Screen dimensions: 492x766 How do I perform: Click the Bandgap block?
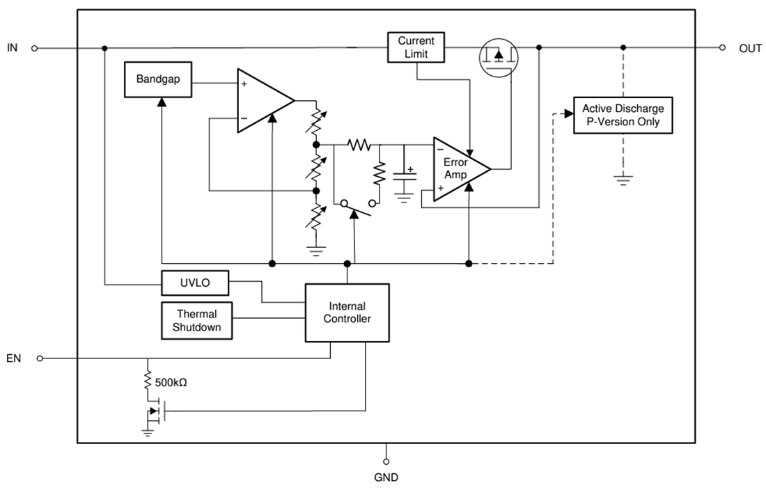[x=158, y=79]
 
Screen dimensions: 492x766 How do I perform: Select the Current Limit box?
[x=416, y=47]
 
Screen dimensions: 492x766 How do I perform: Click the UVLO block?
[x=196, y=283]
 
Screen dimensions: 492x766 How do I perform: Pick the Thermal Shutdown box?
[x=196, y=321]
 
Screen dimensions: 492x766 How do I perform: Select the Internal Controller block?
[x=347, y=312]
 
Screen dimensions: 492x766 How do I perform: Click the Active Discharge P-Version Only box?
[x=623, y=116]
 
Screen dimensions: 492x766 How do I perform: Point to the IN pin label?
[x=13, y=48]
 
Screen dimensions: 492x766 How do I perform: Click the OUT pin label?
[x=750, y=48]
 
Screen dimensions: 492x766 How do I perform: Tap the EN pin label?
[x=13, y=358]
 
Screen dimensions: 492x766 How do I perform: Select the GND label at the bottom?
[x=386, y=477]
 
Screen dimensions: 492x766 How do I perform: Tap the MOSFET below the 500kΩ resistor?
[x=154, y=412]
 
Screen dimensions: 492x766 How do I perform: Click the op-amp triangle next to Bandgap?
[x=260, y=100]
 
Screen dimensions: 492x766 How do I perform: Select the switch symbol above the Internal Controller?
[x=356, y=207]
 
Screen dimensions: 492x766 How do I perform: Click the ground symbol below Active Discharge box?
[x=623, y=180]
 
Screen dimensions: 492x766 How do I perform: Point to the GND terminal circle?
[x=386, y=461]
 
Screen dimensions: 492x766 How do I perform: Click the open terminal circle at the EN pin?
[x=39, y=358]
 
